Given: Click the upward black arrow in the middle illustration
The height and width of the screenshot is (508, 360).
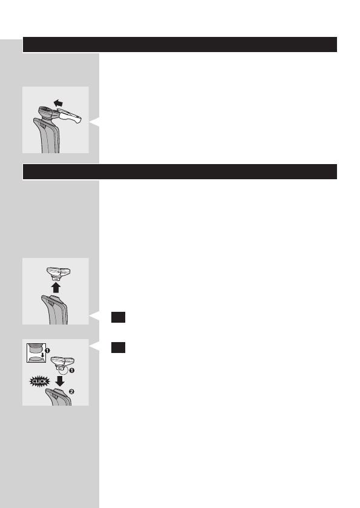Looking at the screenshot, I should pos(56,286).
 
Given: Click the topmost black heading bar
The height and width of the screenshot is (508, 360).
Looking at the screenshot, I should pos(179,45).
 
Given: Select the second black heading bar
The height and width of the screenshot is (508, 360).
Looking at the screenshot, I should pos(179,171).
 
